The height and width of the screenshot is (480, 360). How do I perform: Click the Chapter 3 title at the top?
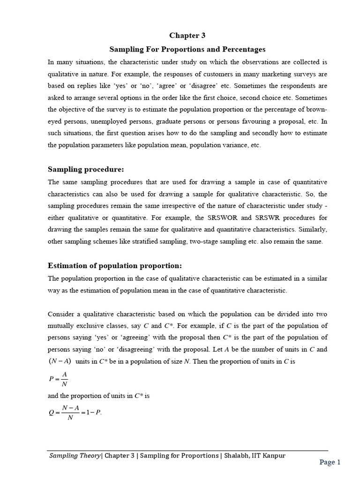187,36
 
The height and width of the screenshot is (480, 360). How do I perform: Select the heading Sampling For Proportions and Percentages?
187,49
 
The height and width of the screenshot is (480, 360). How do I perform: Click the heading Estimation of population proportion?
114,265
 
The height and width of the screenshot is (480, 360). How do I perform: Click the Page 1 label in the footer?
330,462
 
